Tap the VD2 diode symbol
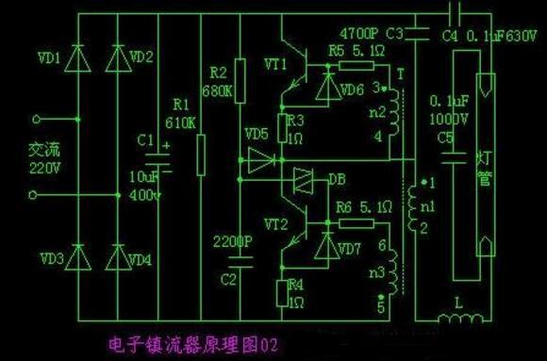118,59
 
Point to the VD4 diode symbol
118,256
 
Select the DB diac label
337,177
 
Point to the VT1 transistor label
277,64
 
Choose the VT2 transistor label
277,222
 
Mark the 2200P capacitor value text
232,241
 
